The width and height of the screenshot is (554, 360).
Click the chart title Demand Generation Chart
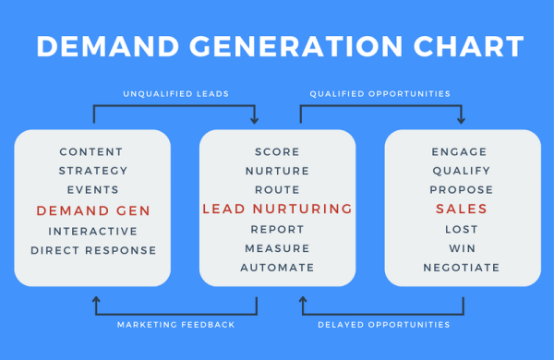tap(277, 46)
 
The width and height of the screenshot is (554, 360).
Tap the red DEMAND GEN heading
tap(92, 210)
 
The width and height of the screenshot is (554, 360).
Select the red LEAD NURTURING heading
tap(277, 210)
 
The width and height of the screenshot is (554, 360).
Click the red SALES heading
tap(462, 210)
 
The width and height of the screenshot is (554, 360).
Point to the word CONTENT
tap(91, 151)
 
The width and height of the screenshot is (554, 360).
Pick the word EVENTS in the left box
tap(92, 189)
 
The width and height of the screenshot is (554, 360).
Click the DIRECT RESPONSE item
tap(92, 250)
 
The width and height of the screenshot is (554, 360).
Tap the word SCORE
tap(277, 151)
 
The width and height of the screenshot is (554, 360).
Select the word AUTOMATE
tap(277, 268)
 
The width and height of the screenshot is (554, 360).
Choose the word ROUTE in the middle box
tap(277, 189)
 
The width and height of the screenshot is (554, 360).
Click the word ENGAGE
tap(460, 151)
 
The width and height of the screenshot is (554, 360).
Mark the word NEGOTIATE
tap(462, 268)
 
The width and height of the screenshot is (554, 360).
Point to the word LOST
tap(462, 229)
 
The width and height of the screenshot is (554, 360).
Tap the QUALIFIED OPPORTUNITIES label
tap(380, 93)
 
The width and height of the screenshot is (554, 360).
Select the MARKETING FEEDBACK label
tap(175, 325)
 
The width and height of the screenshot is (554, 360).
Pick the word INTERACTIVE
tap(92, 231)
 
